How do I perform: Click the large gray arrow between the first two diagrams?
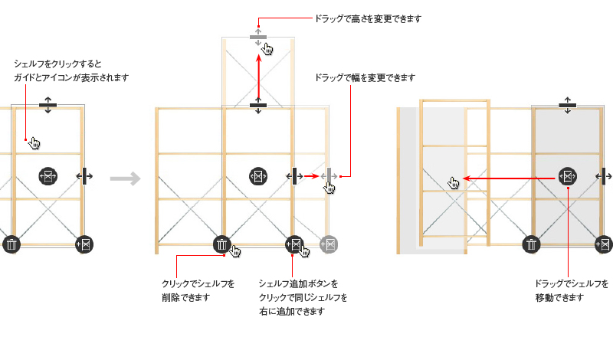click(125, 179)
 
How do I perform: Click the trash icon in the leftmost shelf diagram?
click(11, 244)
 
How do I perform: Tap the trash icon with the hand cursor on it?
click(221, 244)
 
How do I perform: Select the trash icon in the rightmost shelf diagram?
click(531, 244)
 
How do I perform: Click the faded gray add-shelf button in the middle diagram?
click(329, 244)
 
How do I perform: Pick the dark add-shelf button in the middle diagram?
click(294, 244)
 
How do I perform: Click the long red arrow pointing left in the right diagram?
click(510, 178)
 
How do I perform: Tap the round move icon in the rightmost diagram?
click(567, 176)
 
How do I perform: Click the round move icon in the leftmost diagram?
click(48, 176)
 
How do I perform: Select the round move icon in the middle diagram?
click(258, 176)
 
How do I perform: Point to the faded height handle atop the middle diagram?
click(257, 37)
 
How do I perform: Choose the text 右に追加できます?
click(292, 311)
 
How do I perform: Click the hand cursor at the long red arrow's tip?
click(454, 182)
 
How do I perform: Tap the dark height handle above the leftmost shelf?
click(48, 105)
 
